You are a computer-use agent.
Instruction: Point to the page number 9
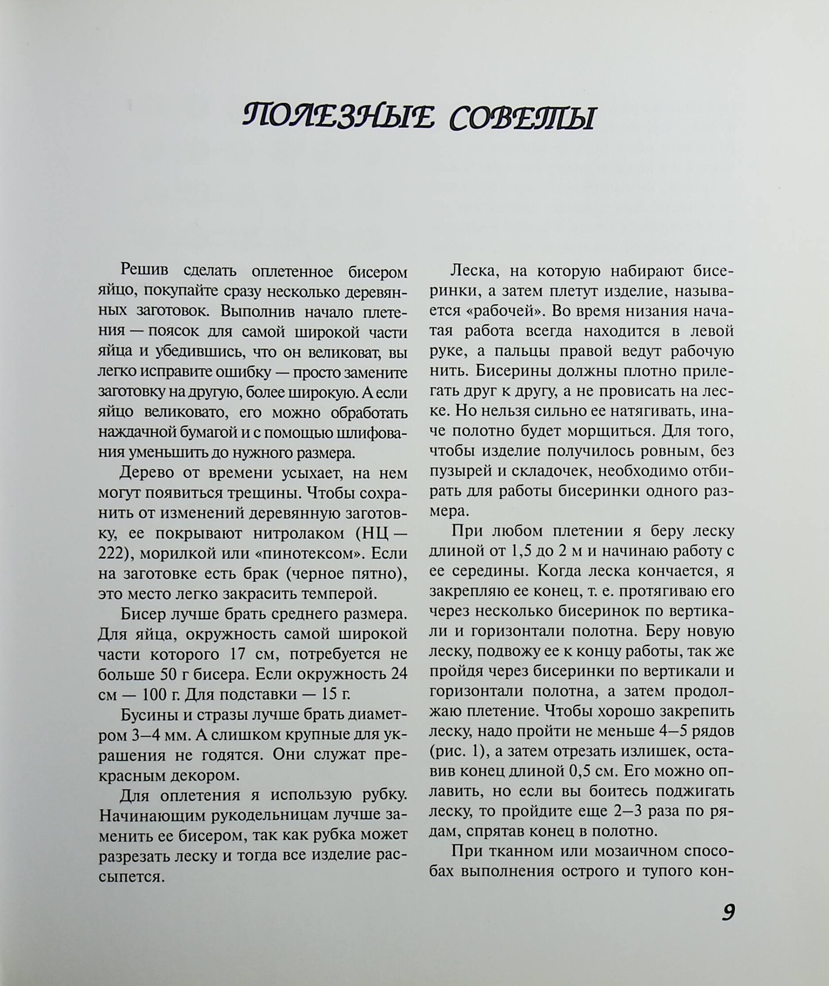point(728,912)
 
